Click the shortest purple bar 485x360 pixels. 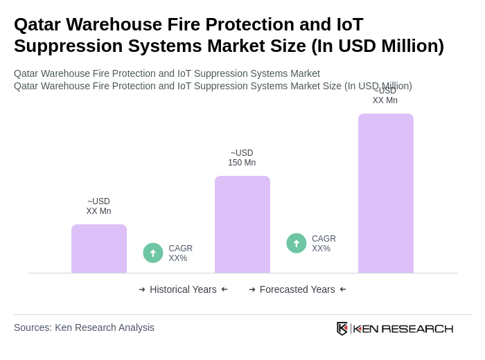[x=99, y=249]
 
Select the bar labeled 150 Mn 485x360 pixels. [x=242, y=224]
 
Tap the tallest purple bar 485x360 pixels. [x=386, y=193]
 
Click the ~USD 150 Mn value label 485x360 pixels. [x=242, y=158]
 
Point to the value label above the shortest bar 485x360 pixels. [x=98, y=206]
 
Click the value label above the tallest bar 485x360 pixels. [x=385, y=96]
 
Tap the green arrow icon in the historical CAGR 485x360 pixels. [x=153, y=253]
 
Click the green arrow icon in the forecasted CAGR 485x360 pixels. [x=297, y=243]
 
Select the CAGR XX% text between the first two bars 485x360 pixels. [x=180, y=253]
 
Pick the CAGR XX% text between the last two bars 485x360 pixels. [x=324, y=244]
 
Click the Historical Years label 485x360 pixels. [x=183, y=289]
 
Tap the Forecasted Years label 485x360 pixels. [x=297, y=289]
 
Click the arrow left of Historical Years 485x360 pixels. [x=142, y=289]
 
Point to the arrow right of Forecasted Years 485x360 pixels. [x=343, y=289]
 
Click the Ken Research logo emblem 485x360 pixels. [x=342, y=328]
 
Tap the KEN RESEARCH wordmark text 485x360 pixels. [x=403, y=328]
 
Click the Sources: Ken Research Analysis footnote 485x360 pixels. [x=84, y=327]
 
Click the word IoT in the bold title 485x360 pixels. [x=349, y=24]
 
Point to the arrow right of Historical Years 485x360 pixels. [x=224, y=289]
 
